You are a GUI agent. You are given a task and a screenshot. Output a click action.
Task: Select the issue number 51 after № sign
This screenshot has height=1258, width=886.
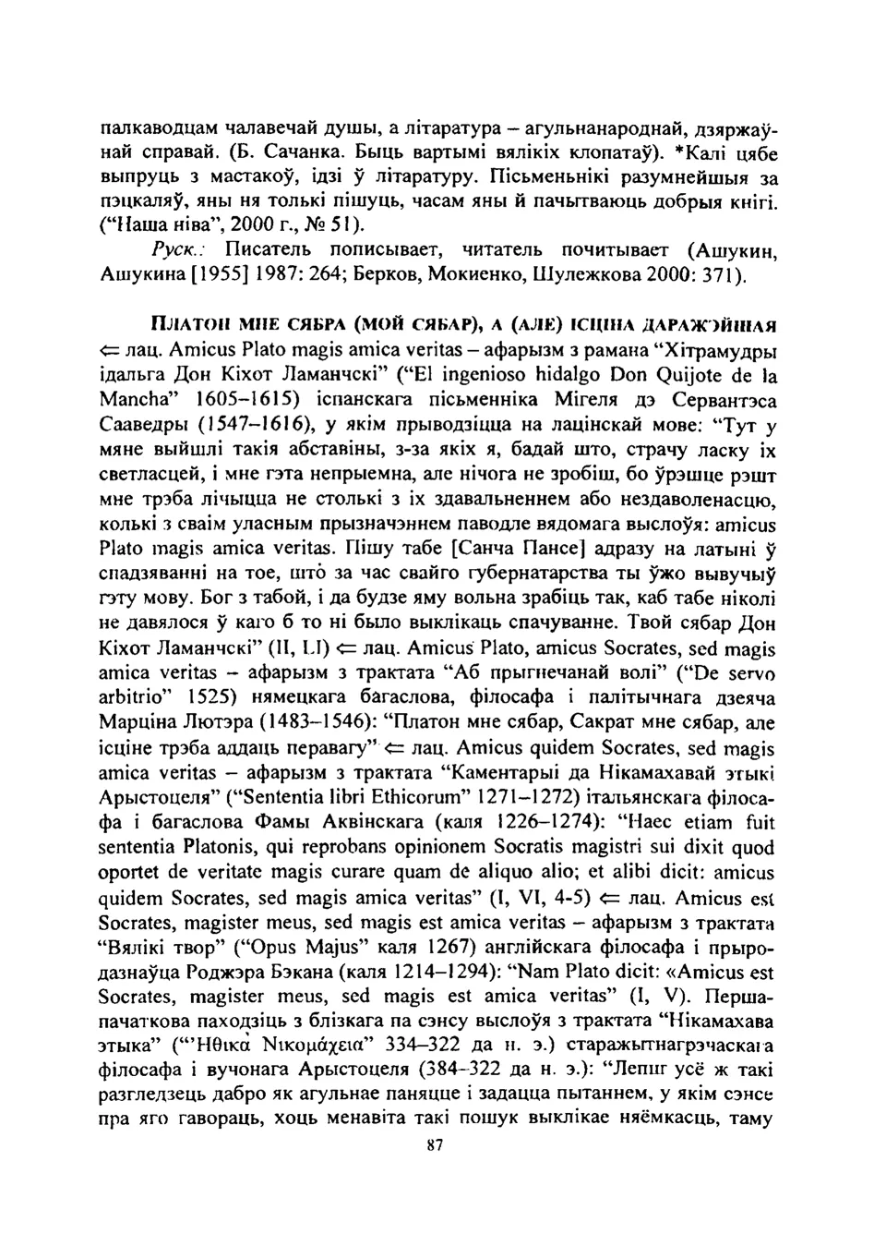[343, 224]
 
